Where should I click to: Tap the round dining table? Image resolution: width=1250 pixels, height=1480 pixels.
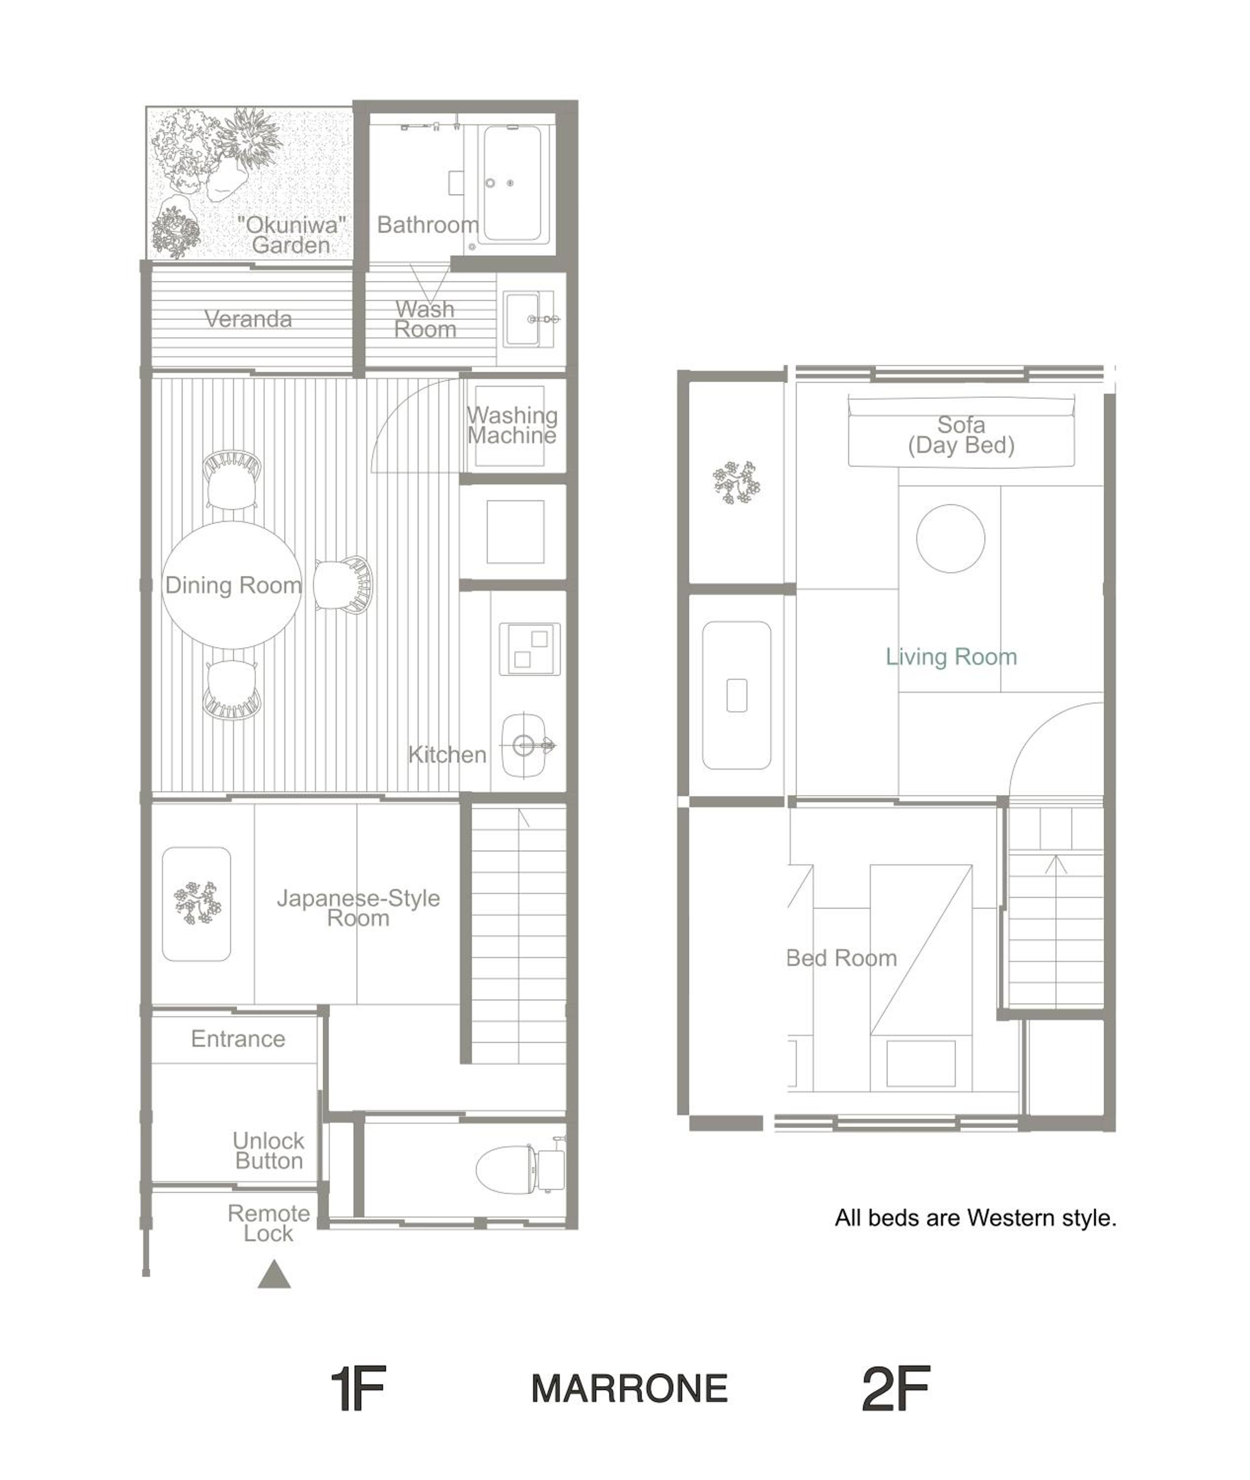(x=232, y=585)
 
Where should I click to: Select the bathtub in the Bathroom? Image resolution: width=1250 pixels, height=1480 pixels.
(x=513, y=184)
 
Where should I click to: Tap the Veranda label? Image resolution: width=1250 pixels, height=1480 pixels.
(x=248, y=319)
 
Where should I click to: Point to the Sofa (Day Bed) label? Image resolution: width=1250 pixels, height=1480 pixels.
(x=962, y=435)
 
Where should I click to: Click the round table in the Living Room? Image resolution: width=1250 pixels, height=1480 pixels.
(x=950, y=538)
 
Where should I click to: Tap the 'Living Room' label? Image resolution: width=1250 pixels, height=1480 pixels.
(x=951, y=657)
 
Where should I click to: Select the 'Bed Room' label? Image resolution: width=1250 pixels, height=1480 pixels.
(x=842, y=958)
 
